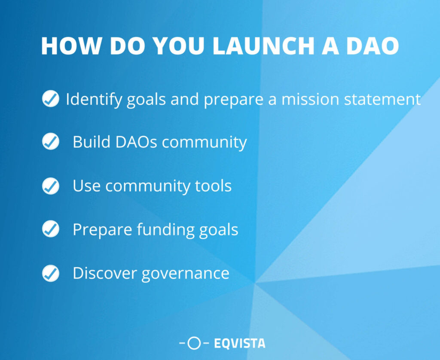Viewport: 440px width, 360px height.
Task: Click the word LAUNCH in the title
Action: point(263,46)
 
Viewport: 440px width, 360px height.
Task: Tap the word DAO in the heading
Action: point(373,46)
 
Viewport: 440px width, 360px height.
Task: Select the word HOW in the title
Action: point(71,46)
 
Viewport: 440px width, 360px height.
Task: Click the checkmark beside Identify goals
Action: point(51,99)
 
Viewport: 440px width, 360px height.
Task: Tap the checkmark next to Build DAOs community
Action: point(51,141)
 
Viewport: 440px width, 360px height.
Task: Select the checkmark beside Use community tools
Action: point(51,186)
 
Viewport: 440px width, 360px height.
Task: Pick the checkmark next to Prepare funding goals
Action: point(51,229)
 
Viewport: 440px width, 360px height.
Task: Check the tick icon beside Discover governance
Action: point(51,273)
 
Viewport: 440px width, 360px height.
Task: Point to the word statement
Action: point(382,100)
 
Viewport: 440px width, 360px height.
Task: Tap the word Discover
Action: point(105,273)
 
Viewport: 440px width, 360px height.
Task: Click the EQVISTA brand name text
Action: point(240,343)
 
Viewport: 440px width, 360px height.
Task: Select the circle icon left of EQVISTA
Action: point(194,343)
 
